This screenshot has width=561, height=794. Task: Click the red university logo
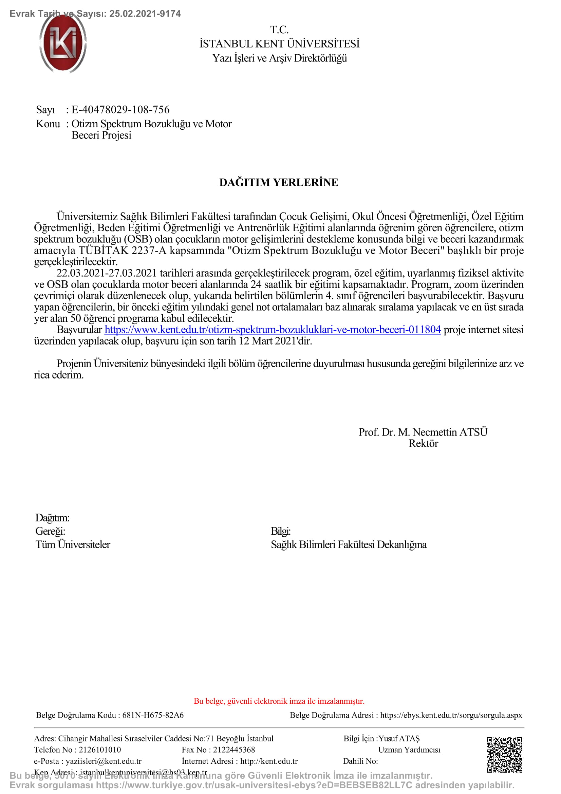tap(63, 43)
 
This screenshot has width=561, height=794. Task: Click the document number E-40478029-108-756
tap(120, 110)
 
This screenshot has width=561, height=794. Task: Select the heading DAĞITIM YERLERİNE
tap(279, 182)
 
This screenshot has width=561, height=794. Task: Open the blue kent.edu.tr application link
tap(273, 330)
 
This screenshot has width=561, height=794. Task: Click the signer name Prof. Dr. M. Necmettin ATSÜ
tap(423, 432)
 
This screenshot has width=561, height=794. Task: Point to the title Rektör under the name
tap(423, 443)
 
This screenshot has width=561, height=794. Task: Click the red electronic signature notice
tap(279, 701)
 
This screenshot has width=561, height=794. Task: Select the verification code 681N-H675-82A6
tap(153, 715)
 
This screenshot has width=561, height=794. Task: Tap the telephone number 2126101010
tap(100, 750)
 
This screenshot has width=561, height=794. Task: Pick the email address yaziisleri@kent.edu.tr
tap(104, 761)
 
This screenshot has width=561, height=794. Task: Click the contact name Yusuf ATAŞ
tap(399, 739)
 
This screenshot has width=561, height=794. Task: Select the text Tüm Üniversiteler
tap(73, 544)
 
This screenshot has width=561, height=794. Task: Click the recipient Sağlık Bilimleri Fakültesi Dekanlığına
tap(349, 544)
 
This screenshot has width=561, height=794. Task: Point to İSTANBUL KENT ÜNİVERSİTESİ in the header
tap(279, 44)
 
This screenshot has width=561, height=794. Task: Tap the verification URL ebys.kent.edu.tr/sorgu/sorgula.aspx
tap(451, 715)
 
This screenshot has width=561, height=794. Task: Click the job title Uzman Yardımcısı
tap(409, 750)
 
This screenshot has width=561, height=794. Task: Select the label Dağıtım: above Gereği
tap(52, 518)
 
